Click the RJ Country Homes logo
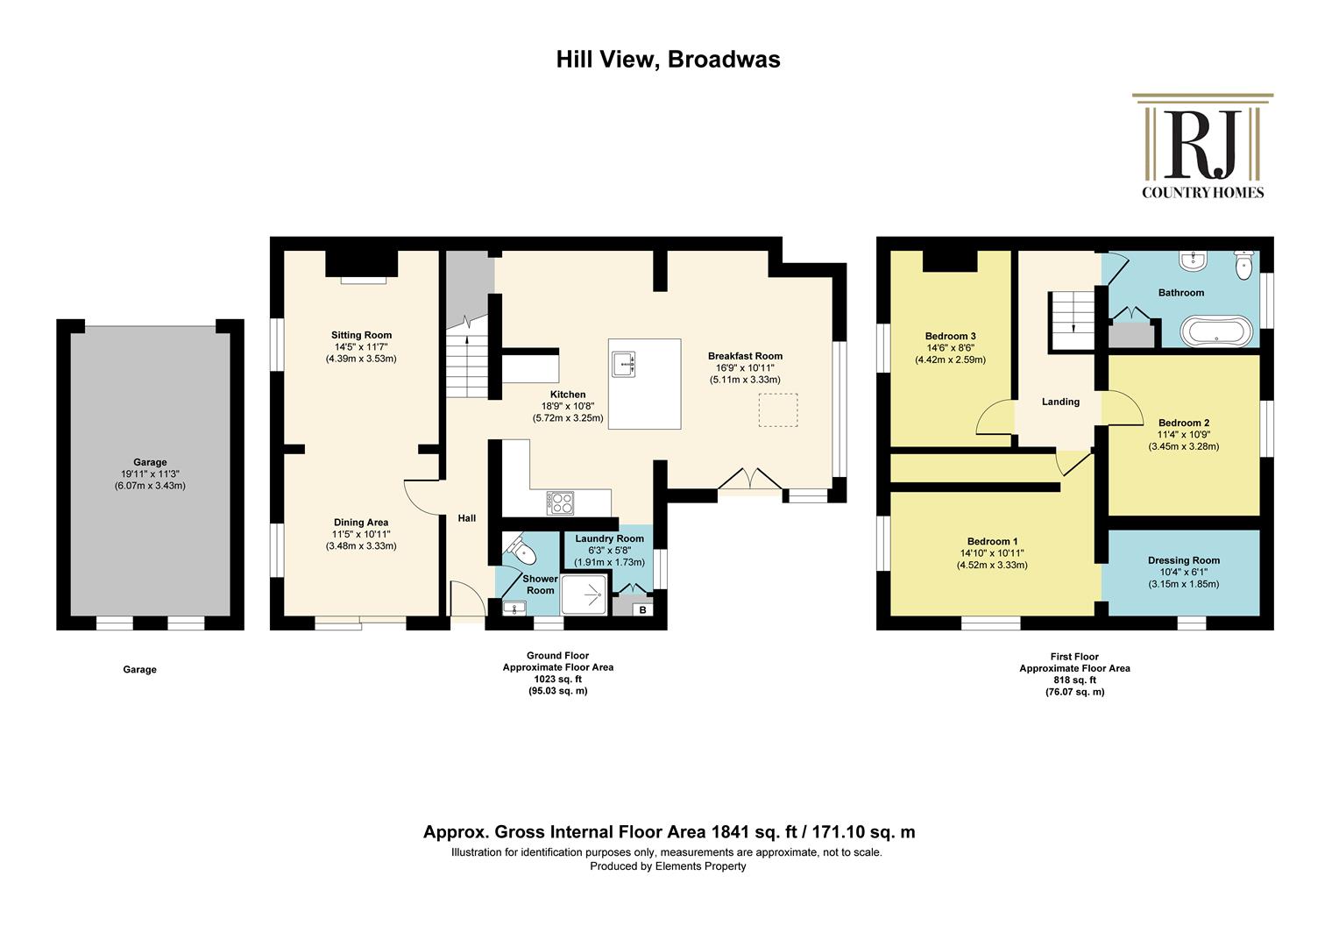coord(1202,146)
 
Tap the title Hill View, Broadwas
coord(669,60)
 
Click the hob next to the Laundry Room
coord(560,502)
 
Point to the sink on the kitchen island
coord(623,364)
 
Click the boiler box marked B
coord(642,610)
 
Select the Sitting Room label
coord(362,335)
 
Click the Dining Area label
coord(361,523)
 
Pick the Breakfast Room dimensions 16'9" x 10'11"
coord(745,368)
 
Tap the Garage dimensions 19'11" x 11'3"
coord(150,473)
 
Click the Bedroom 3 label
coord(951,336)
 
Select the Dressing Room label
coord(1184,560)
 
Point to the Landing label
coord(1060,402)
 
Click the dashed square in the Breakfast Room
coord(778,409)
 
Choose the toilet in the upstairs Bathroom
coord(1243,265)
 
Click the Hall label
coord(467,518)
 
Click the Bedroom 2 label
coord(1184,423)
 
